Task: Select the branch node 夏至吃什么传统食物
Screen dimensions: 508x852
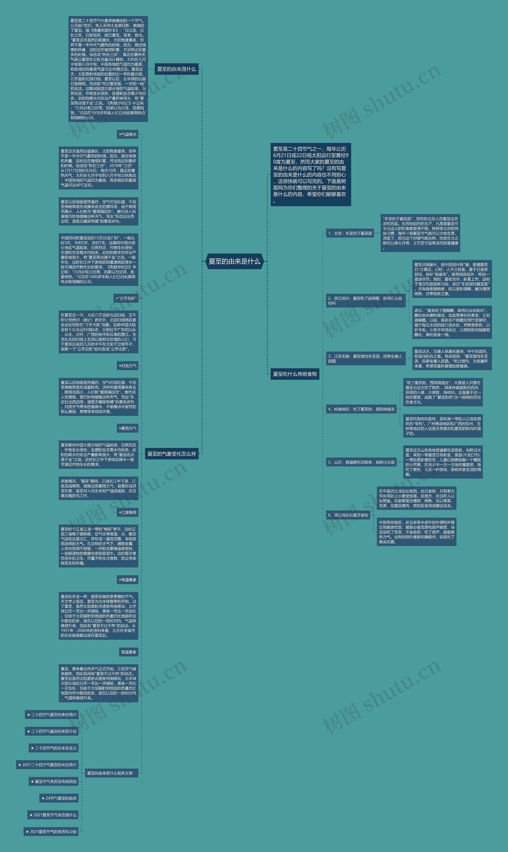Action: (x=295, y=374)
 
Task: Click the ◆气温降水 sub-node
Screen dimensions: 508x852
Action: (x=128, y=135)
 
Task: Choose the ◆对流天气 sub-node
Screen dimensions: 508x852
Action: (x=128, y=366)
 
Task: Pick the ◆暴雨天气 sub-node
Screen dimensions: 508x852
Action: (x=128, y=428)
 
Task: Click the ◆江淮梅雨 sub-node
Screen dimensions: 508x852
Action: (x=128, y=512)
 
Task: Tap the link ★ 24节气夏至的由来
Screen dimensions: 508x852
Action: (x=59, y=798)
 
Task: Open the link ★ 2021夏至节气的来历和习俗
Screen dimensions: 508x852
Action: (x=51, y=832)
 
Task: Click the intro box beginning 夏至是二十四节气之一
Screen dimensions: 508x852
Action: (x=311, y=175)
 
